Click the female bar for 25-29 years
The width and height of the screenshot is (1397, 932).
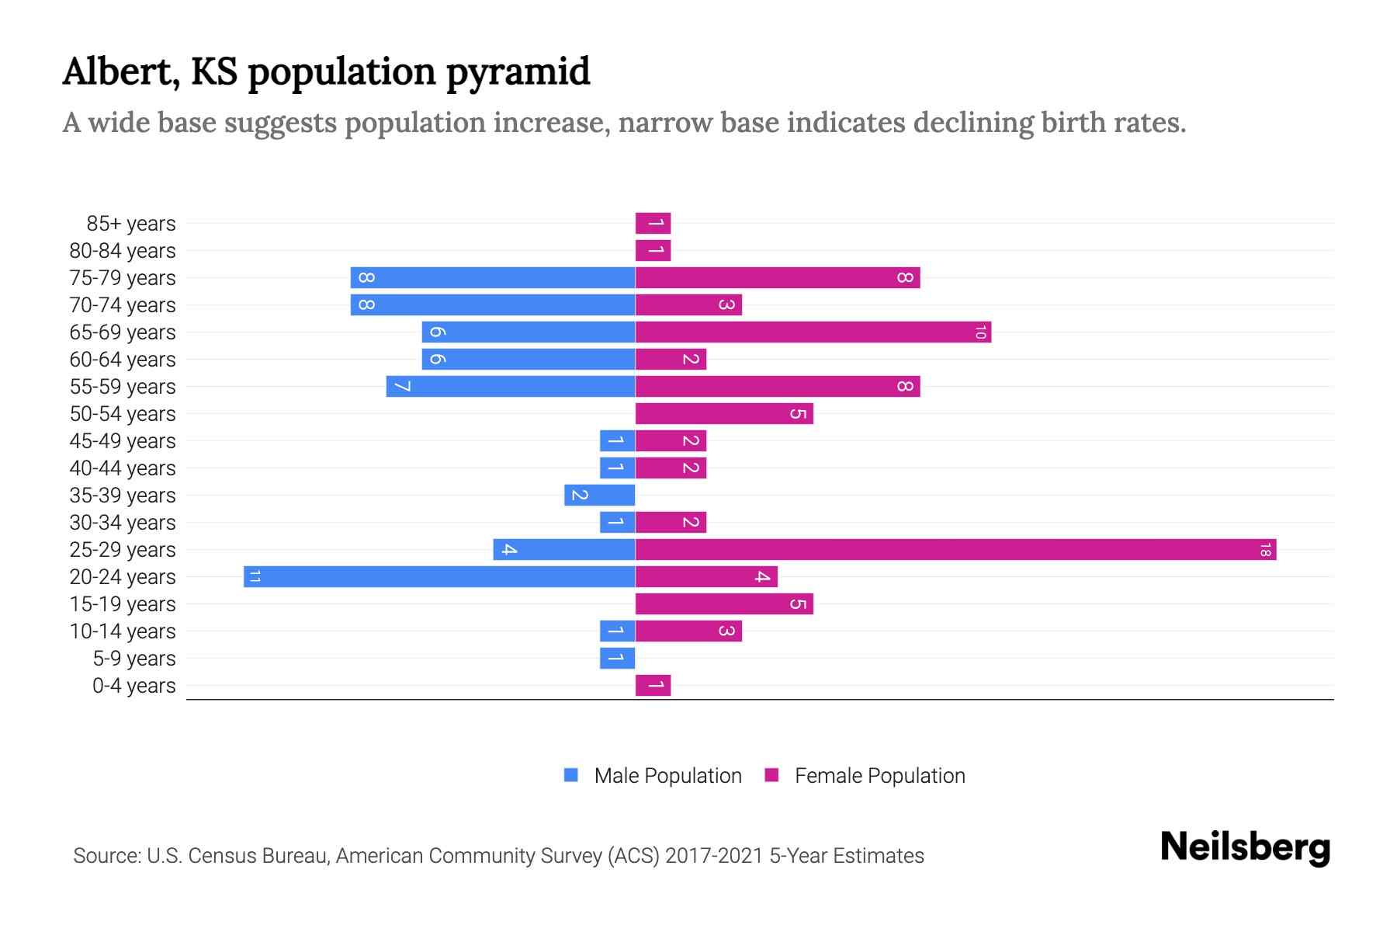955,550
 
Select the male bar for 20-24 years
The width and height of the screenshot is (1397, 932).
439,577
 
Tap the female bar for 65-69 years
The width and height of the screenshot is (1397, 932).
813,332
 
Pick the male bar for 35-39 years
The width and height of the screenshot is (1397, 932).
599,496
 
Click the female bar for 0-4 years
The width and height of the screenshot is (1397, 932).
653,686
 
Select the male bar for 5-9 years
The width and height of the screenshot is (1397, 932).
617,659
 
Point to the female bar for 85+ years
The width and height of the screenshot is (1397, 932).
653,224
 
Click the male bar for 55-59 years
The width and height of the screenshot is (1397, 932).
511,387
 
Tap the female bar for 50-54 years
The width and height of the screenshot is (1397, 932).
723,414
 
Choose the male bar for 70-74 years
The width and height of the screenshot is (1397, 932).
493,305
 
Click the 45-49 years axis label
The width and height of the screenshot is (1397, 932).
123,441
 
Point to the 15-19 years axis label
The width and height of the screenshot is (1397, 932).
123,604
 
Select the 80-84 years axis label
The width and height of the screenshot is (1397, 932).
123,251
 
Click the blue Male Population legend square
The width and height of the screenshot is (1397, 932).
571,775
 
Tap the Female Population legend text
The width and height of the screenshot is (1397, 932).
879,776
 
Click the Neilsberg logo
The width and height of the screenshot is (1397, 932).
1245,847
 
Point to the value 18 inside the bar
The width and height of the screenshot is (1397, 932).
1265,550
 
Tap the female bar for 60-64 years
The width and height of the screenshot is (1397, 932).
671,360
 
